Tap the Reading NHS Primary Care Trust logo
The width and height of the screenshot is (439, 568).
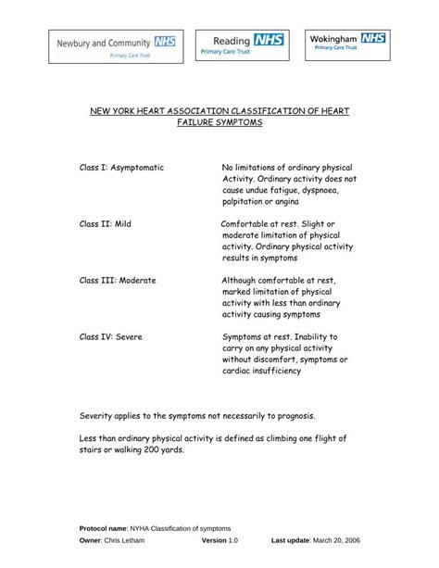coord(243,44)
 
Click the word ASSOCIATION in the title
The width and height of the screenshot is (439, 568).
coord(205,109)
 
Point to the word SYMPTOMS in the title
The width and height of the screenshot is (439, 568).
coord(232,122)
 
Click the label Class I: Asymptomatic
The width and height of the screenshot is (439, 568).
coord(121,167)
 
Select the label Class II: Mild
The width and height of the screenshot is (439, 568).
coord(106,224)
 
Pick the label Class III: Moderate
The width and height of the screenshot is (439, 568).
coord(118,280)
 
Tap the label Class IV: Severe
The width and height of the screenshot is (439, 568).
coord(111,336)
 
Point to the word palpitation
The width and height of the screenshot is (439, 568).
coord(246,201)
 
